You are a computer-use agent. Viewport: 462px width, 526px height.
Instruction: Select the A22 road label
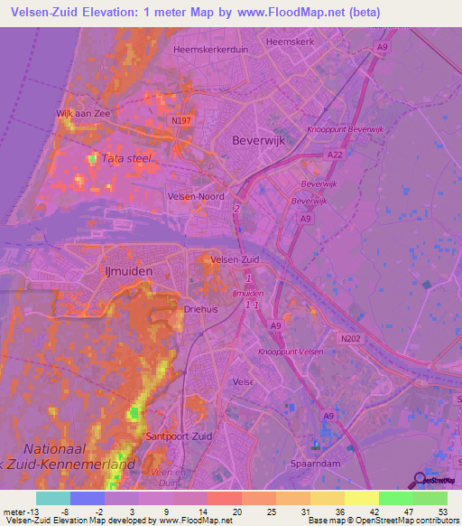click(333, 155)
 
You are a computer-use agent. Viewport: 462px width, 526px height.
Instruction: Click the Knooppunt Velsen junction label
click(290, 352)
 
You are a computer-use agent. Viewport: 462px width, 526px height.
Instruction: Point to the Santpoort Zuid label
click(177, 436)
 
